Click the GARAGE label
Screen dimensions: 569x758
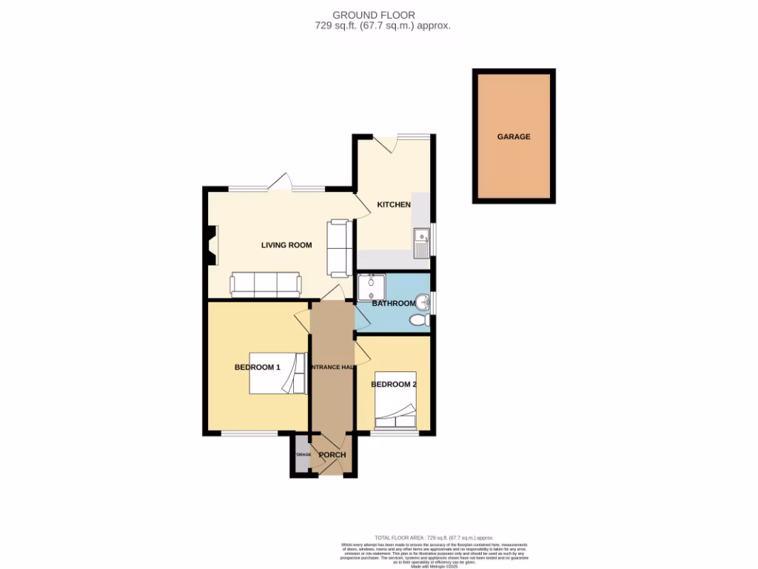click(514, 136)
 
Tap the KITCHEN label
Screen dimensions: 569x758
click(394, 204)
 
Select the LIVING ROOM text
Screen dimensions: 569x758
click(286, 245)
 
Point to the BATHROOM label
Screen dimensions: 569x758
click(393, 304)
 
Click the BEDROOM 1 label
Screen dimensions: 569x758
click(257, 367)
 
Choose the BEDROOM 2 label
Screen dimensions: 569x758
click(394, 385)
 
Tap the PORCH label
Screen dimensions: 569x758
click(332, 455)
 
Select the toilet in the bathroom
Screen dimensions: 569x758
click(419, 321)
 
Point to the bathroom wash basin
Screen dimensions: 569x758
click(423, 302)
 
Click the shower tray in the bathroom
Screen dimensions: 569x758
click(371, 287)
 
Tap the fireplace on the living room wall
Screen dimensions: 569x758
click(212, 246)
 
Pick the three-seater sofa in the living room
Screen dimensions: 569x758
click(266, 284)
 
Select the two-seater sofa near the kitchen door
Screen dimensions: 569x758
click(340, 245)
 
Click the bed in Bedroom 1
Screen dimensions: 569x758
click(278, 373)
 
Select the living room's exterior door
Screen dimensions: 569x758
click(282, 182)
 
